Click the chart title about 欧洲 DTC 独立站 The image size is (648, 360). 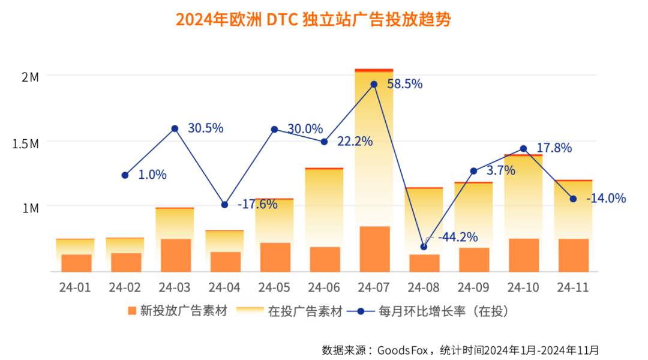tap(313, 20)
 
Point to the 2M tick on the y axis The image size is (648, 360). tap(30, 77)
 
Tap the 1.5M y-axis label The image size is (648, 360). tap(26, 144)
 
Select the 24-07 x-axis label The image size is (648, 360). tap(374, 287)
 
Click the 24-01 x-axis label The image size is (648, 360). tap(75, 287)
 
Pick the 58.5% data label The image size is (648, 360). tap(404, 84)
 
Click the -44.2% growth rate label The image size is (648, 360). tap(457, 237)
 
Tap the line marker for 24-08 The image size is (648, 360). tap(424, 247)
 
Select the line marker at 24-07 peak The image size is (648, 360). tap(374, 84)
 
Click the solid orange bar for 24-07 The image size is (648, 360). tap(374, 249)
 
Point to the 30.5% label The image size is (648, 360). tap(205, 128)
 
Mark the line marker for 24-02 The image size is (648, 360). tap(125, 175)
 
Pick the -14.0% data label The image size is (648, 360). tap(605, 198)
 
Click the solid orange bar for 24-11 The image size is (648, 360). tap(573, 255)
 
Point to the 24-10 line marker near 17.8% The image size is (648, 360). tap(523, 148)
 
